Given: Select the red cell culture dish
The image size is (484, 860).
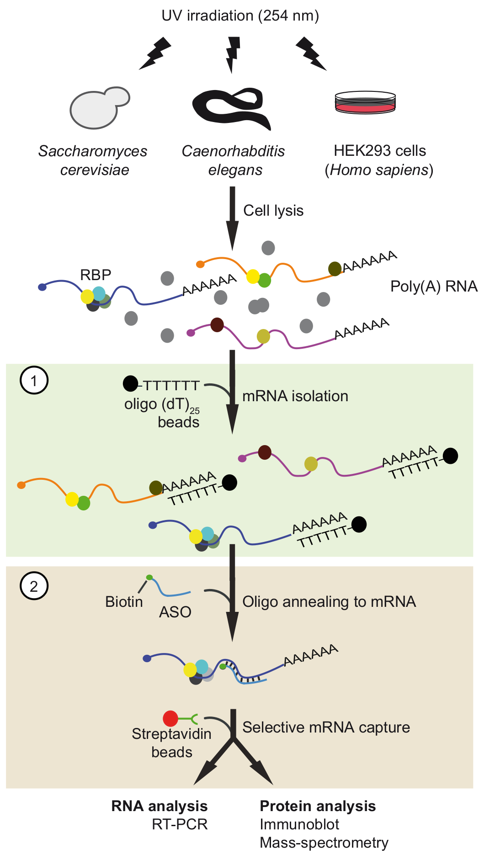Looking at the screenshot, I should point(365,103).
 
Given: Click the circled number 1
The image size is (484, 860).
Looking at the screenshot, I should point(34,380).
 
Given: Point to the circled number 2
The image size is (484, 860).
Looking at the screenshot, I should point(34,586).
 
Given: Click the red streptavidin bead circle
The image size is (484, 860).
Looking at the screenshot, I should point(170,718).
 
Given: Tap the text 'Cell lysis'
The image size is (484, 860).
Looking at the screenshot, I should point(273,211).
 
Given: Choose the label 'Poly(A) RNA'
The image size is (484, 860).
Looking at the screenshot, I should point(434,287).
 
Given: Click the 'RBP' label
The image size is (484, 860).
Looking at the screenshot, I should point(96,275).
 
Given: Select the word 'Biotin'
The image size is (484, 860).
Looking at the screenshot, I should point(124,602).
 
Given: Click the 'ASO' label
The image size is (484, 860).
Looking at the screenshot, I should point(175,612).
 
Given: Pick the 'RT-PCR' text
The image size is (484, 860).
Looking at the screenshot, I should point(180,824).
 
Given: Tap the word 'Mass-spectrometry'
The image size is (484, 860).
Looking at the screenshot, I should point(324,843).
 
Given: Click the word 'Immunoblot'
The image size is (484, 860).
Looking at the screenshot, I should point(299,824).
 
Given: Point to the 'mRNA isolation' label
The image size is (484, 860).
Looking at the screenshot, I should point(295,396).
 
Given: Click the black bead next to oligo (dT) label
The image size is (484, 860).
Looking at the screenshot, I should point(130,384).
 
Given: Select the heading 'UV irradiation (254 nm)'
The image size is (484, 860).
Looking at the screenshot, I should point(240,16).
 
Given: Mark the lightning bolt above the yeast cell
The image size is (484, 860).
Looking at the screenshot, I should point(155,53).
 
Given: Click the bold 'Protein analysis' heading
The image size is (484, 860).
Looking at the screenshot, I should point(318,806).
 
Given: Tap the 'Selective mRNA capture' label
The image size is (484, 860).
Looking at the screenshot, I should point(326,727).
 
